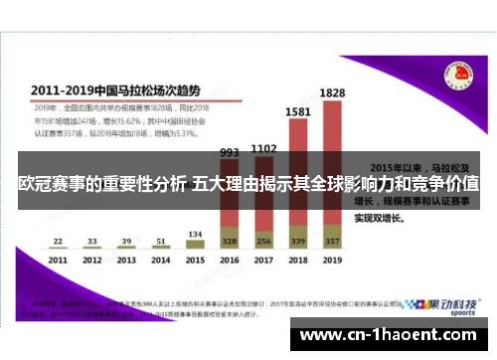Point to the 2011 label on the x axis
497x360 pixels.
pos(58,260)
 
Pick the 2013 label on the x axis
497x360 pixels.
pos(126,260)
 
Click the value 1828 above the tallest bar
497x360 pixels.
pos(332,92)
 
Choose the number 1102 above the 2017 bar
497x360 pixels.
pos(263,148)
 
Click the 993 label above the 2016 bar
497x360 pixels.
pos(230,153)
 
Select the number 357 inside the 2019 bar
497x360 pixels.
pos(332,241)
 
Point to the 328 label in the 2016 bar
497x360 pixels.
pos(230,241)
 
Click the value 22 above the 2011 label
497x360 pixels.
pos(58,241)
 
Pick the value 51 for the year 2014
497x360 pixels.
pos(160,241)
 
